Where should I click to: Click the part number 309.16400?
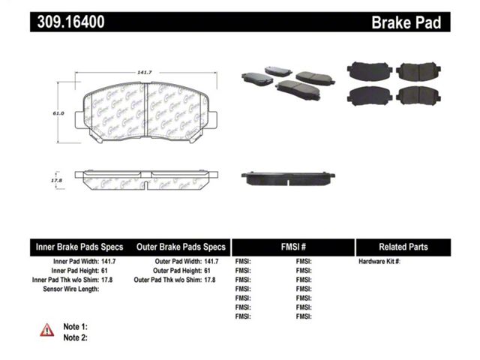70,22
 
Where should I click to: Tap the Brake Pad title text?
406,22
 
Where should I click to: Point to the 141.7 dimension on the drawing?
145,73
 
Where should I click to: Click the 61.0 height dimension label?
58,113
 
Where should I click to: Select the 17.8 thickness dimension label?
57,181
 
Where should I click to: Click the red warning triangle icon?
46,330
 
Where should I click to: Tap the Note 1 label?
75,327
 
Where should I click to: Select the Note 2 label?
75,337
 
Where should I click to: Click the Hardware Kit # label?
379,262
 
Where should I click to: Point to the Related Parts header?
403,247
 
